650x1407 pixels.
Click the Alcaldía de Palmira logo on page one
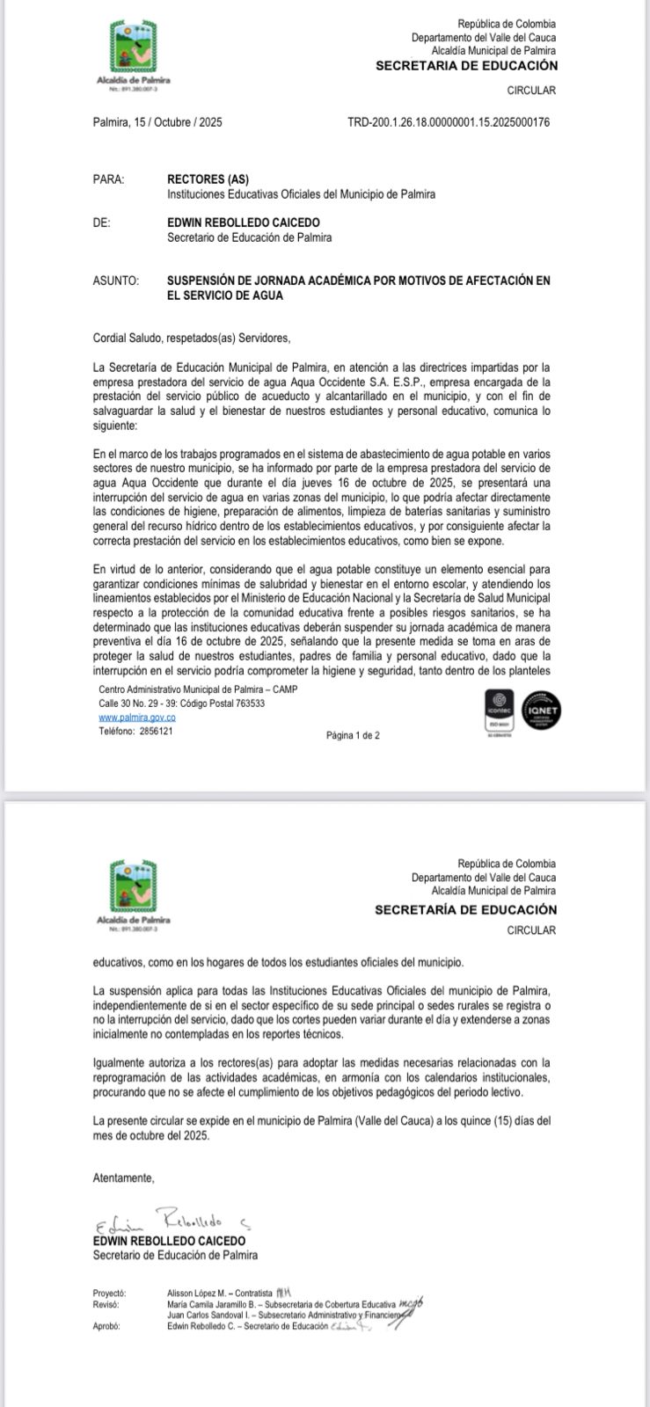(x=132, y=55)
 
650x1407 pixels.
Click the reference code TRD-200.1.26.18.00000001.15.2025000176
(x=449, y=123)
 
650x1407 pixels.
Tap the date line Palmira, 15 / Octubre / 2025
(x=157, y=123)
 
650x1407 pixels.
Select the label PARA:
(x=108, y=179)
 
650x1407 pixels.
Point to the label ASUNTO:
(x=116, y=281)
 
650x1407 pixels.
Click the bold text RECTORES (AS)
(x=208, y=179)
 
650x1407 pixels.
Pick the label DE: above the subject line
(x=102, y=223)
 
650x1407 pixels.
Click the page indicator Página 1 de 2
(x=353, y=735)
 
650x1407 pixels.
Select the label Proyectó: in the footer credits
(x=110, y=1294)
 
